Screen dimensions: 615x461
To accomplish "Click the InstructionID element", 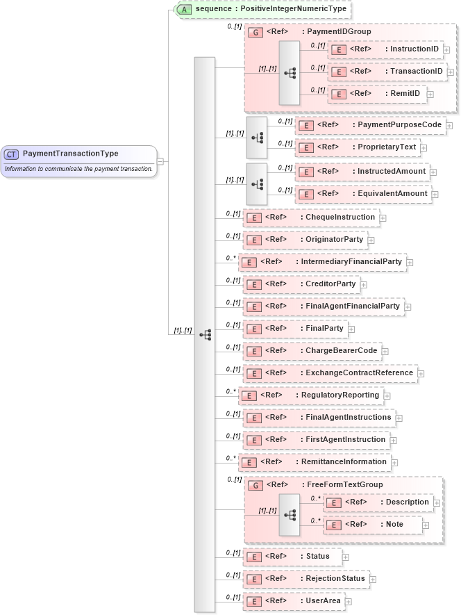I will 386,49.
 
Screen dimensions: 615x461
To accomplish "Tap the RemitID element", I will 378,94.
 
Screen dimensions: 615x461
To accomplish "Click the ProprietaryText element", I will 357,147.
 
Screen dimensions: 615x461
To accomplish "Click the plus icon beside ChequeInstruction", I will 383,218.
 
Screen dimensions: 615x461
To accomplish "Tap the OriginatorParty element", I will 305,240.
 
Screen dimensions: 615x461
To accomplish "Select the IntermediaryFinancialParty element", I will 322,262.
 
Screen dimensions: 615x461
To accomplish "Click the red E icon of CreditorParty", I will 254,284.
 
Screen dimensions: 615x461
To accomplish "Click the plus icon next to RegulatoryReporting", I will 387,395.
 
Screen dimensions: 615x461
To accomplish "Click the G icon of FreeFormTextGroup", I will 254,485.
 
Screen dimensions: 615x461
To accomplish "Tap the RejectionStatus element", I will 306,578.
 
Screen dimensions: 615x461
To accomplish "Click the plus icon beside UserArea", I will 349,601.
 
